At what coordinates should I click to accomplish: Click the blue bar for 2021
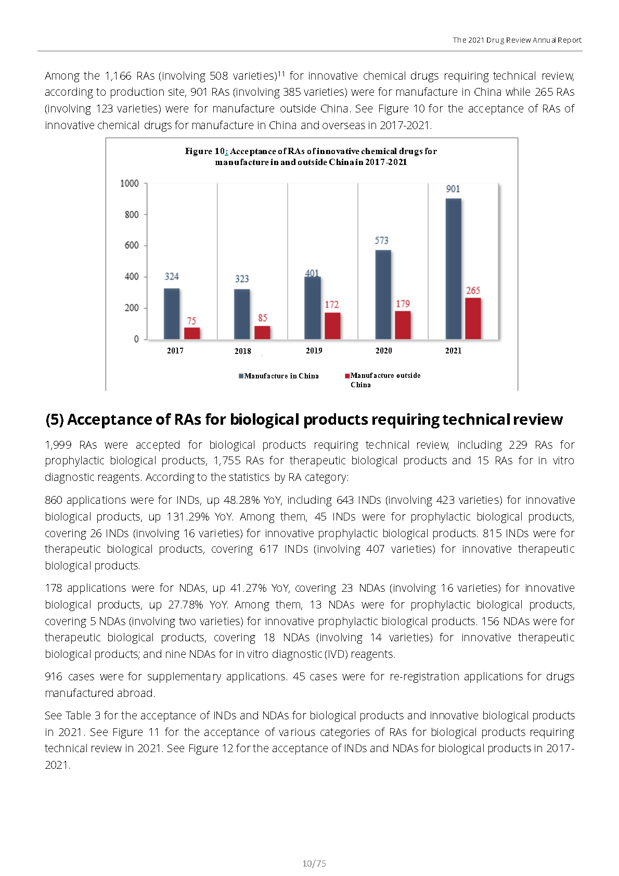tap(453, 269)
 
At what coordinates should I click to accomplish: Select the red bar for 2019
tap(332, 326)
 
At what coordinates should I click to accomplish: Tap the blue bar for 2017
tap(172, 314)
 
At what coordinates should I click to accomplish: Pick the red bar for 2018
tap(262, 333)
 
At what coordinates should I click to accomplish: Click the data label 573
tap(381, 240)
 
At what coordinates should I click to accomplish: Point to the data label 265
tap(473, 290)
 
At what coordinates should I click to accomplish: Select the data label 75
tap(191, 321)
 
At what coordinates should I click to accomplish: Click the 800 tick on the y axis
tap(132, 214)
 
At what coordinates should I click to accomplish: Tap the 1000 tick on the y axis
tap(130, 183)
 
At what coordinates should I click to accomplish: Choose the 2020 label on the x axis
tap(383, 351)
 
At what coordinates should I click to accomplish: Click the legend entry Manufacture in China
tap(279, 376)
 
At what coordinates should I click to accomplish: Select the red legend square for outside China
tap(347, 376)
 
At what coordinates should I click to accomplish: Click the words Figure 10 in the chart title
tap(205, 151)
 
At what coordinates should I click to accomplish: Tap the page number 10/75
tap(314, 864)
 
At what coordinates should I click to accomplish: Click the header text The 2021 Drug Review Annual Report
tap(517, 40)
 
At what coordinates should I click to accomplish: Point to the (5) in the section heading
tap(54, 420)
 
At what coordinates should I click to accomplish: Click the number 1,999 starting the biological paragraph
tap(58, 445)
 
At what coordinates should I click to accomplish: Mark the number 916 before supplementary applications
tap(54, 676)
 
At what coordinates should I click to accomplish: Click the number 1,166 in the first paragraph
tap(118, 75)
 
